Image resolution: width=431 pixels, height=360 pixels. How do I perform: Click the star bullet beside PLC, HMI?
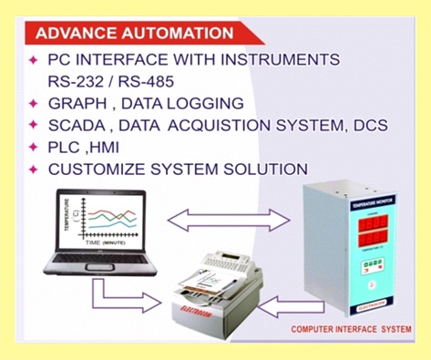tap(34, 147)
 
